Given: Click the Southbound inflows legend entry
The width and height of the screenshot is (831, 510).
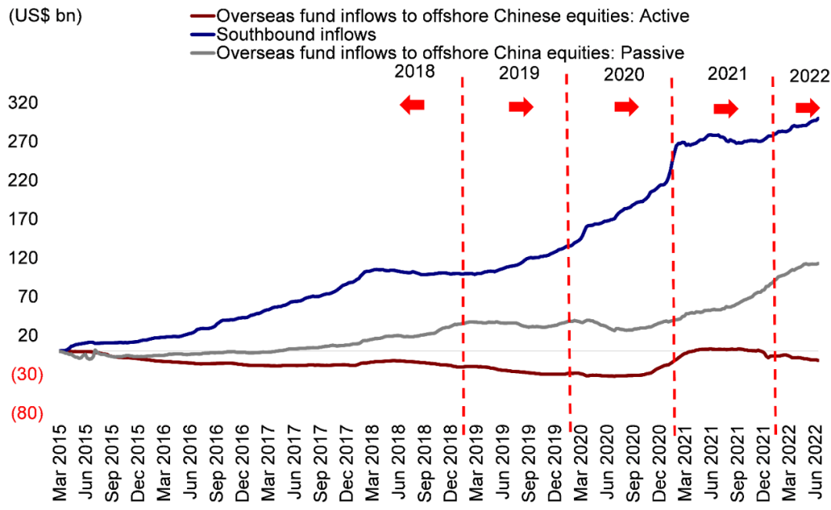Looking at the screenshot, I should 296,34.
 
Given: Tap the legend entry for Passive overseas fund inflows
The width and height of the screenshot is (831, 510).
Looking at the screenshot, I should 450,52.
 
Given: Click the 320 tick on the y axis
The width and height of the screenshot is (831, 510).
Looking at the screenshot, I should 22,103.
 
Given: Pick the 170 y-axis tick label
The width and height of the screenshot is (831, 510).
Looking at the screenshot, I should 22,219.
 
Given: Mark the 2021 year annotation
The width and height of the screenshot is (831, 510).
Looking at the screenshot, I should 727,74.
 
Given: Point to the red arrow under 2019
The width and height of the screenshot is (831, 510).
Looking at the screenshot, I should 521,107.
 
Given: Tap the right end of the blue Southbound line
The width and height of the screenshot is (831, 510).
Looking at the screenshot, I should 818,118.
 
